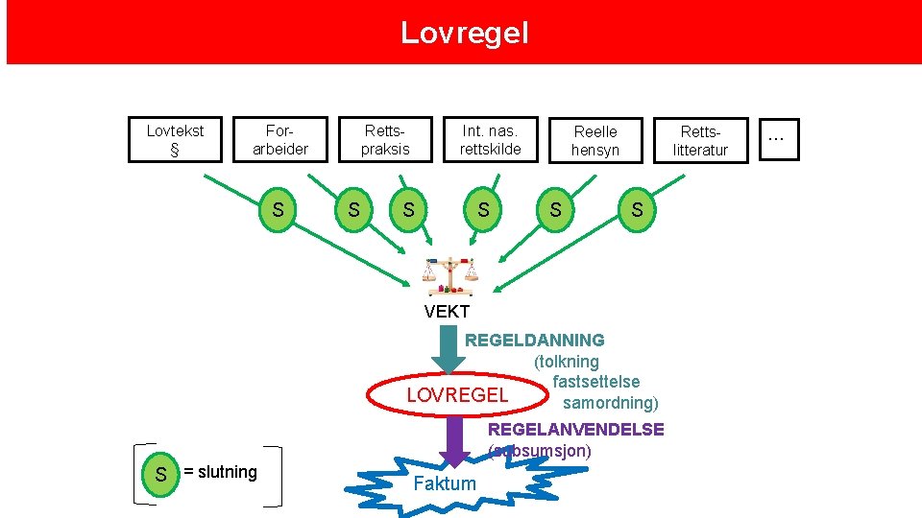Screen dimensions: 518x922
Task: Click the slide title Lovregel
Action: coord(464,34)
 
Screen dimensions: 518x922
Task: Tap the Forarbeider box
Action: coord(279,140)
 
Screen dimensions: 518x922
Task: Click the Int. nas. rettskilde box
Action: coord(490,140)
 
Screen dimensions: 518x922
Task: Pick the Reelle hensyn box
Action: coord(595,140)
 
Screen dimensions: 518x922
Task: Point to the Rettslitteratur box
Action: coord(700,140)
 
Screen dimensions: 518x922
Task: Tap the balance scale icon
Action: coord(450,276)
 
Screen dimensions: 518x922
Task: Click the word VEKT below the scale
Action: coord(447,312)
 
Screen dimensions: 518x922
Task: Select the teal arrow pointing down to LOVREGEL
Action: coord(448,347)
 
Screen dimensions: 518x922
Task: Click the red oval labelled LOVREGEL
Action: coord(457,395)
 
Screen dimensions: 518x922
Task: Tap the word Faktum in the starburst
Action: coord(444,483)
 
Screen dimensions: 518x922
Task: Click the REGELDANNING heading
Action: coord(535,340)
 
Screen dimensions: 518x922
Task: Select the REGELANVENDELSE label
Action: coord(576,429)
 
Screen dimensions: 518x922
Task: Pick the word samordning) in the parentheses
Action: coord(610,402)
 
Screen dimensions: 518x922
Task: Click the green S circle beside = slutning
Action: coord(160,474)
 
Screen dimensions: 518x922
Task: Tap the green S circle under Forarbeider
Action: coord(278,209)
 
